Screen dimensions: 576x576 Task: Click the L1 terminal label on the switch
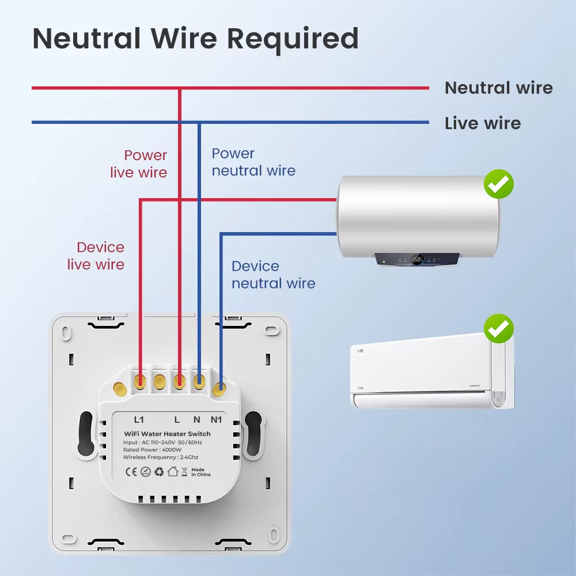pos(139,420)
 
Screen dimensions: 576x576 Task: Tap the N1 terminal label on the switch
pos(216,420)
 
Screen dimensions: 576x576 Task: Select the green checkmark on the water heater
pos(498,184)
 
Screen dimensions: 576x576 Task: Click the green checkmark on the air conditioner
pos(498,329)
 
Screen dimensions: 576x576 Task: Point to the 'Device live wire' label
pos(96,256)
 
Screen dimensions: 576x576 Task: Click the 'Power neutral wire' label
pos(253,162)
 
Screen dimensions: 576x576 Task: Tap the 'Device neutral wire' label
pos(273,275)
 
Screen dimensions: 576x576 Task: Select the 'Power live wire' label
pos(139,164)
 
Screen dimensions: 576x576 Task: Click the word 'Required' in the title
pos(293,39)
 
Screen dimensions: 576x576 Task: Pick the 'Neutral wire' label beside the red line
pos(498,88)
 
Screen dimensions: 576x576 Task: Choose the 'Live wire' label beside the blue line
pos(482,123)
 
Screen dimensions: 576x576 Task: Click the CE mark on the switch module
pos(131,472)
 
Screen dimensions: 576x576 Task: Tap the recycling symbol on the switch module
pos(159,472)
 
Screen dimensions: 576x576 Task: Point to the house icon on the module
pos(173,472)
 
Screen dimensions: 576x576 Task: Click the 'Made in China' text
pos(200,472)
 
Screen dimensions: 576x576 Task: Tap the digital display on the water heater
pos(417,260)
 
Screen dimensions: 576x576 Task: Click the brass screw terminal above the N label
pos(199,381)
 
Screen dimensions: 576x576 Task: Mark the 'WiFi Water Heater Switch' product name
pos(167,434)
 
